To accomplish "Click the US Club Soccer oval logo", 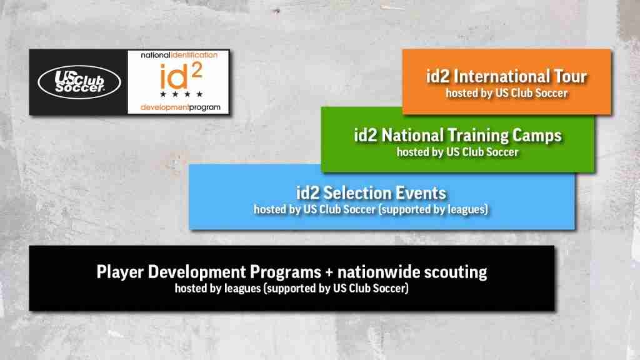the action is pos(79,82).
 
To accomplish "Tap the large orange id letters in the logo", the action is pos(174,76).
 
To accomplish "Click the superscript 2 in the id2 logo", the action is pos(196,70).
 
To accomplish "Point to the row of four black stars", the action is pos(181,94).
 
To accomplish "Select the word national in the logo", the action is pos(155,55).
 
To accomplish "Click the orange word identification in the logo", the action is pos(194,55).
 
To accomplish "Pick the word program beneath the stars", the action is pos(204,107).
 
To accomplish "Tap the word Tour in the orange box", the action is pos(570,76).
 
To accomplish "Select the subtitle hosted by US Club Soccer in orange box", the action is pos(506,94).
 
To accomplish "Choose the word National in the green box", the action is pos(412,135).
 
